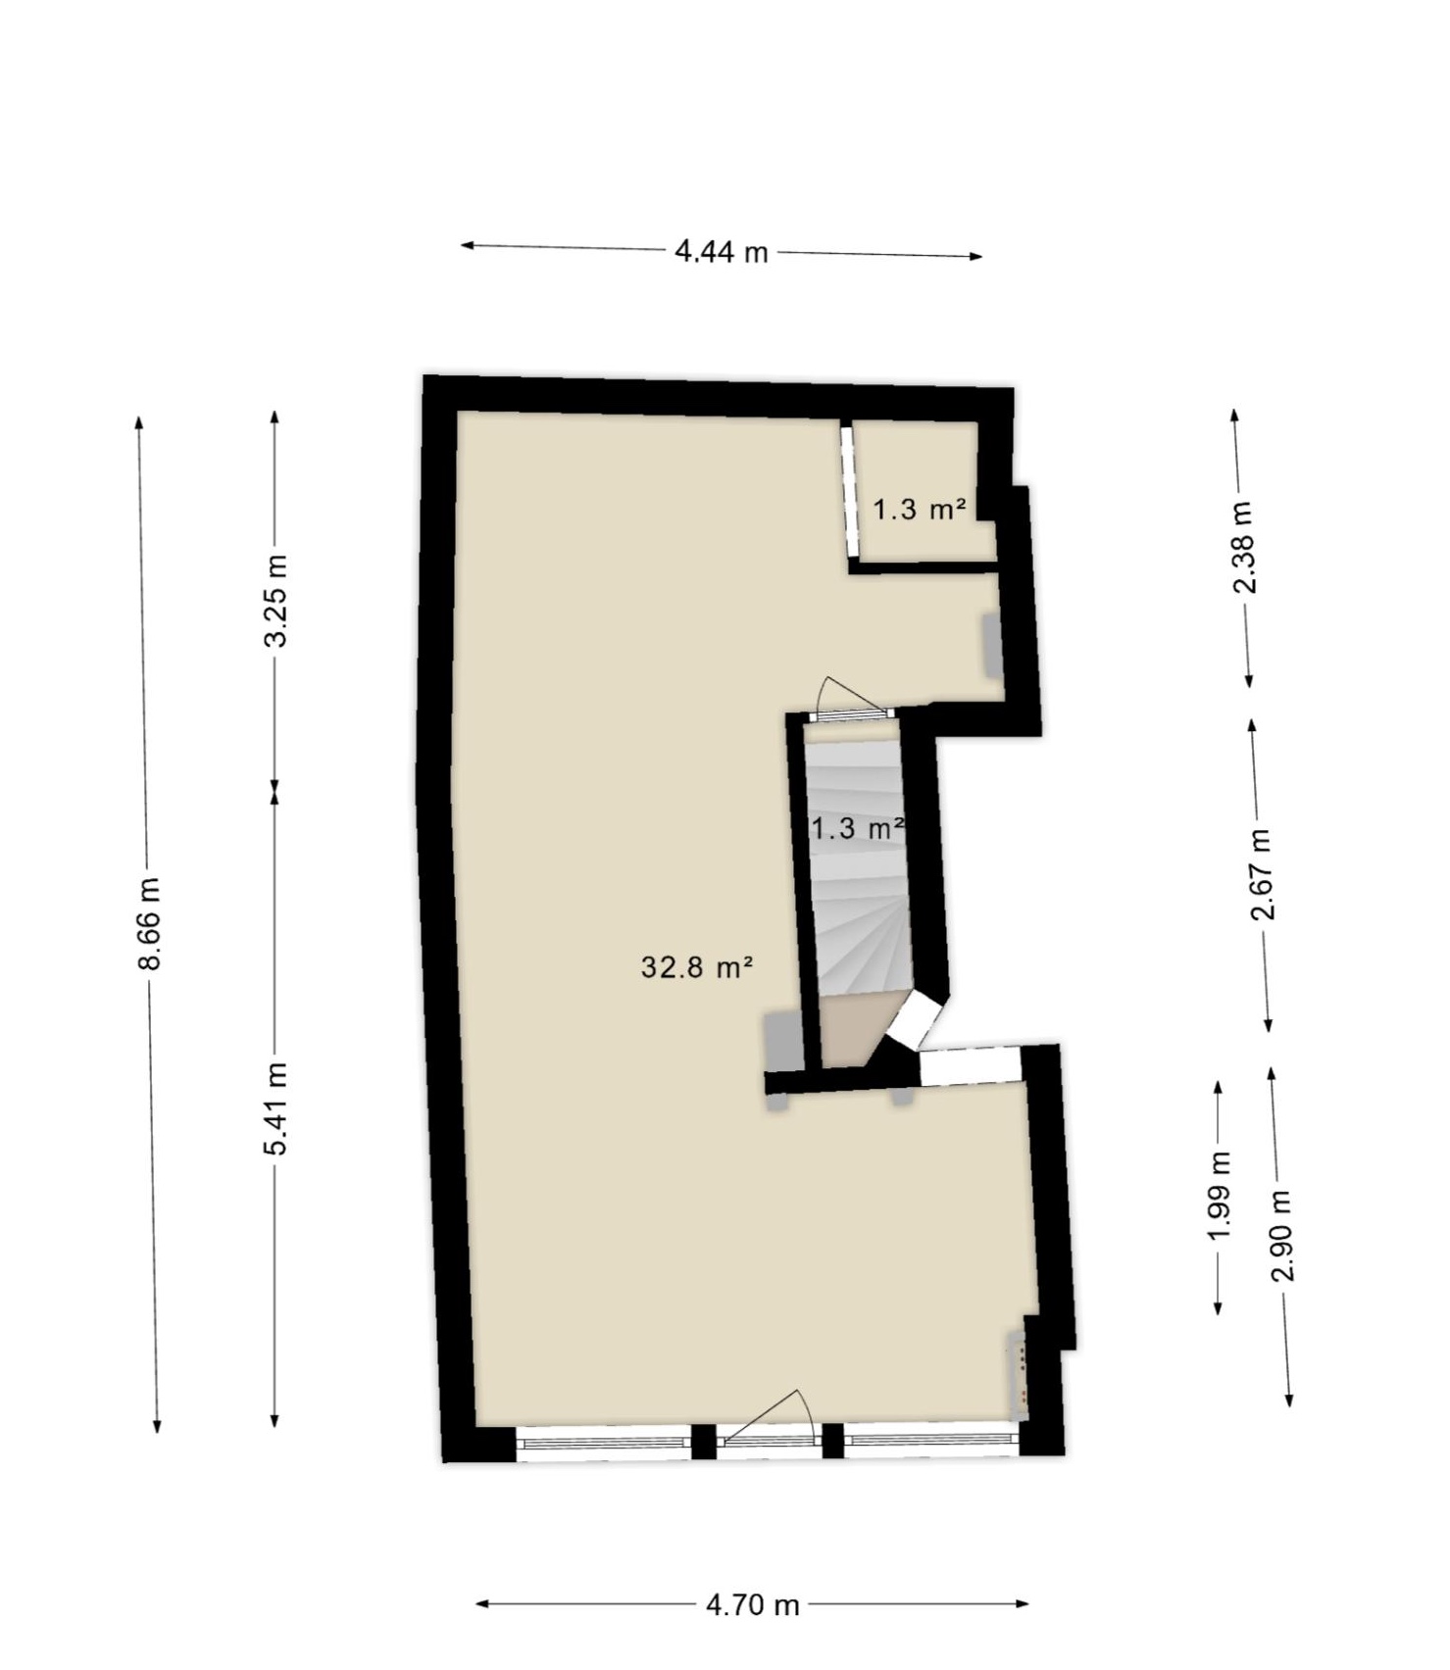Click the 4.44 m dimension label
(721, 252)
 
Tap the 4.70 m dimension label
(752, 1604)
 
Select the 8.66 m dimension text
(149, 923)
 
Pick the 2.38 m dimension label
(1243, 547)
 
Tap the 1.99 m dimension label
(1219, 1195)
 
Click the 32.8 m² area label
(697, 967)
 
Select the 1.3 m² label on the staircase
(857, 828)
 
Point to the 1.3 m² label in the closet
(920, 509)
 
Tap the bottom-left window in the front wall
(603, 1443)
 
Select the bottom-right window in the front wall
(930, 1441)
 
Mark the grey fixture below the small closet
(993, 645)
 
